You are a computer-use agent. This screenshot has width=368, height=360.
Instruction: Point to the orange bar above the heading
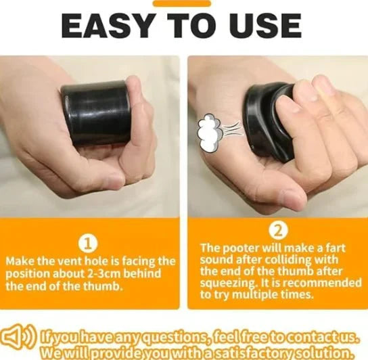(182, 3)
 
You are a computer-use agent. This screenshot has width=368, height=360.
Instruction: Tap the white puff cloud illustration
(210, 133)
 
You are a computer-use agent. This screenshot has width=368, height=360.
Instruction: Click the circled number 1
(88, 245)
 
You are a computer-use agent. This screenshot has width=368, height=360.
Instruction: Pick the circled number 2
(278, 231)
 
